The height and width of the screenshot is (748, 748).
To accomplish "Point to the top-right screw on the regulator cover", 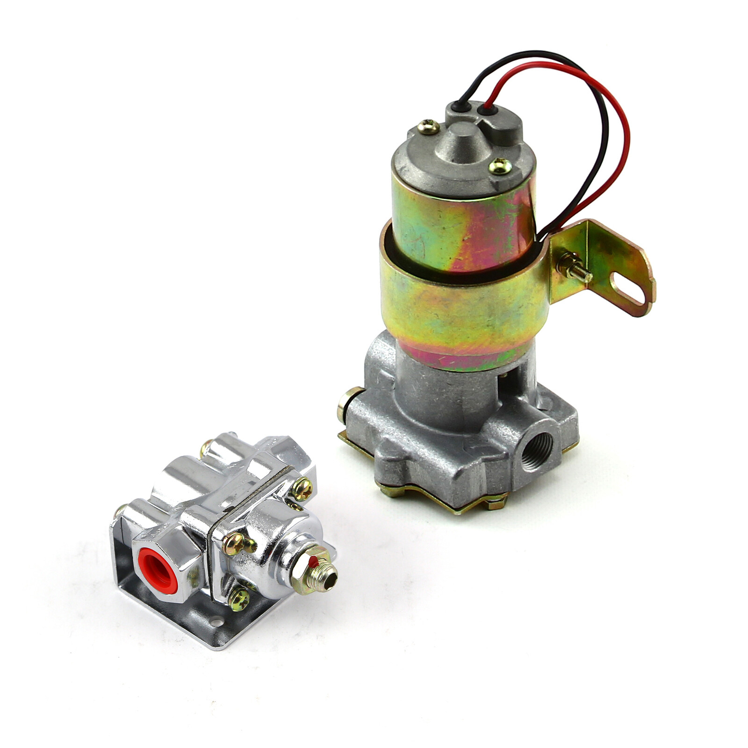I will pos(302,489).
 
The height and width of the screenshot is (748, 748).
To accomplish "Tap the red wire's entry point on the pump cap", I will pos(488,111).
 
